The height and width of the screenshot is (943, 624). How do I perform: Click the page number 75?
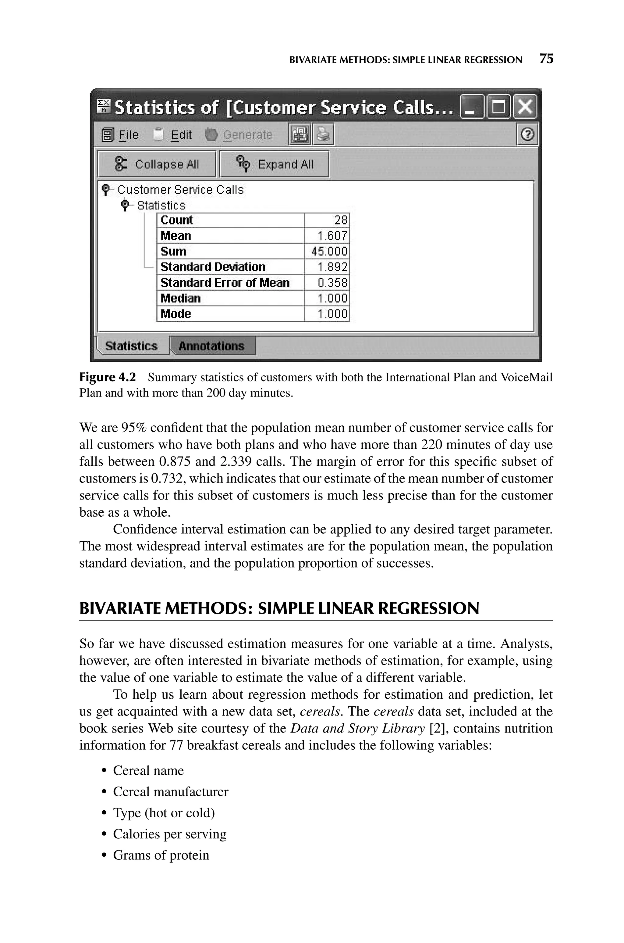pos(546,59)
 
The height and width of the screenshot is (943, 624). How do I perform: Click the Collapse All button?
pos(156,164)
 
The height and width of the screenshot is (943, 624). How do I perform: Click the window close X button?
pos(525,107)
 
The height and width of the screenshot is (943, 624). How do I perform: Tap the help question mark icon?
pos(527,135)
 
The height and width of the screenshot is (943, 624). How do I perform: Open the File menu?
pos(129,135)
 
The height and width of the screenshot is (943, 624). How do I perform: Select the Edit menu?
pos(181,135)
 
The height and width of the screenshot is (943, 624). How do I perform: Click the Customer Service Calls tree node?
pos(180,190)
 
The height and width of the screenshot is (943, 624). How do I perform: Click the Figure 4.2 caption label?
pos(108,377)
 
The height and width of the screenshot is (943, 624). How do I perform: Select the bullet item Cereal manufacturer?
pos(171,792)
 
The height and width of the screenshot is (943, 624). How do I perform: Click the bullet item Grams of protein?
pos(161,855)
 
